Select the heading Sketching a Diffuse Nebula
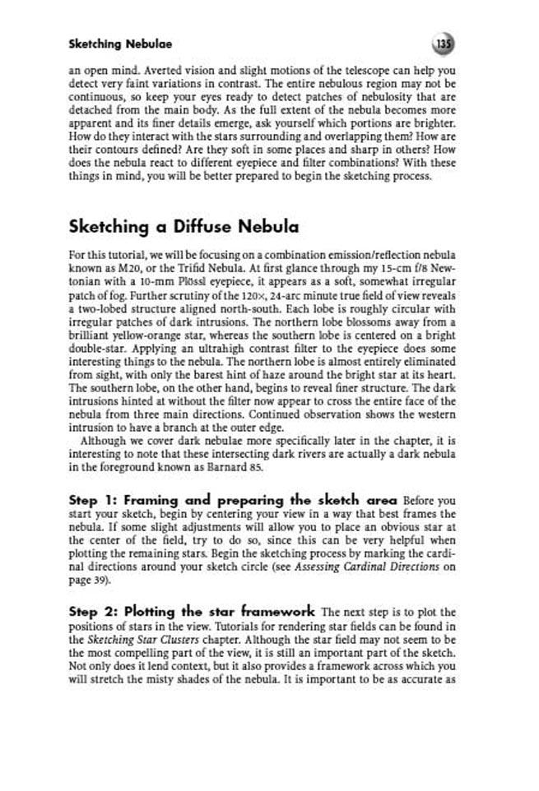[184, 226]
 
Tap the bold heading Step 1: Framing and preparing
[233, 500]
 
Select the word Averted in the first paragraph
[168, 70]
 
